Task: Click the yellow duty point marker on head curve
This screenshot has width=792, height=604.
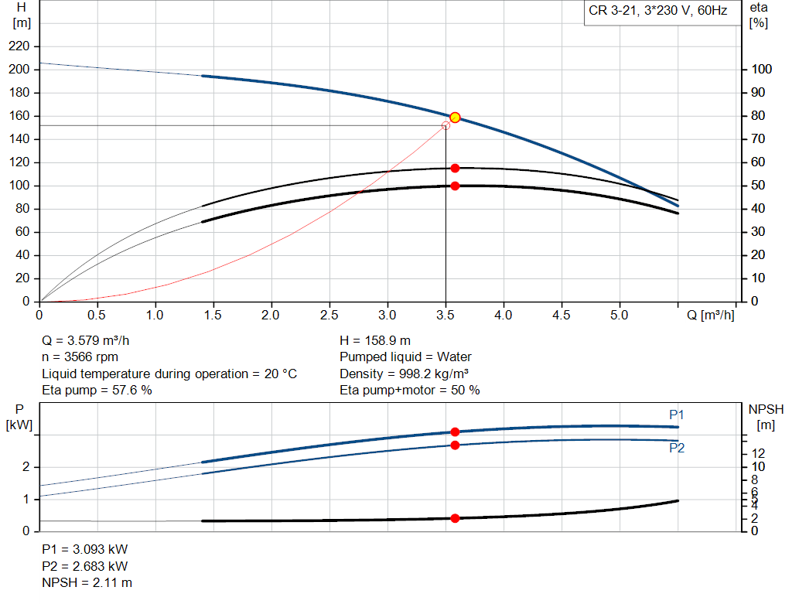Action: [455, 118]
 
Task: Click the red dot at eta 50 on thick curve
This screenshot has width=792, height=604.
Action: [455, 186]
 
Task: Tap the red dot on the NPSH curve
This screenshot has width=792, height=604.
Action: [455, 518]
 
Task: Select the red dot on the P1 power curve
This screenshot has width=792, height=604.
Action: [455, 432]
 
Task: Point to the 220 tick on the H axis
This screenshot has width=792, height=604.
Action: [19, 46]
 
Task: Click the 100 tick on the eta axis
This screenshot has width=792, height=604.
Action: [760, 70]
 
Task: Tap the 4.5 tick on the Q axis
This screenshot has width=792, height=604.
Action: [562, 315]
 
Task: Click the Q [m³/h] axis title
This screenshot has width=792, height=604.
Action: [710, 315]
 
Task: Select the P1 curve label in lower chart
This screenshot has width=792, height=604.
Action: [677, 415]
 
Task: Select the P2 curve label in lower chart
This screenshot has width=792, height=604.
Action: [677, 449]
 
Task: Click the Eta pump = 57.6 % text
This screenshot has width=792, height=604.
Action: [97, 391]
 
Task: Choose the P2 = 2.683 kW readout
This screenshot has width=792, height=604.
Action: [84, 566]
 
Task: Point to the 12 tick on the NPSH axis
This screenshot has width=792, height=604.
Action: [759, 452]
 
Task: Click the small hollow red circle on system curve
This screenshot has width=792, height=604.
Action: [445, 125]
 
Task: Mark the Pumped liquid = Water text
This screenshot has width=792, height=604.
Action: [405, 357]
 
